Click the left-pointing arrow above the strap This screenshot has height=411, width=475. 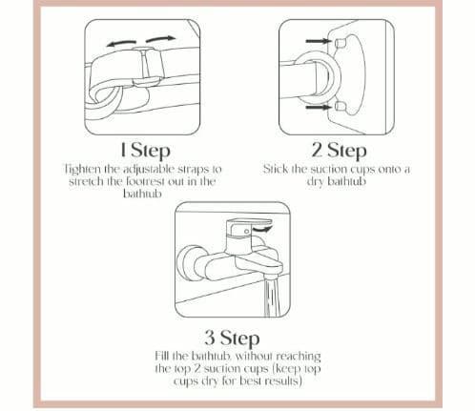121,43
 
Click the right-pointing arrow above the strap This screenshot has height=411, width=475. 160,39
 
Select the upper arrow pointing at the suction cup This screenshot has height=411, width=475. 318,41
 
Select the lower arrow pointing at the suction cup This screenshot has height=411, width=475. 318,107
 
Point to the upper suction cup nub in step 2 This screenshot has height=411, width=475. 340,42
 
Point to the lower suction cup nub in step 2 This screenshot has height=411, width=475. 340,107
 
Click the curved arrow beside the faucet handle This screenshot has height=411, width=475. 263,228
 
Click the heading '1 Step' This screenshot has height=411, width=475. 145,151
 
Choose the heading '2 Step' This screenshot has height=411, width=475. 339,151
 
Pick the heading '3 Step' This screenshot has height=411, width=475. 232,338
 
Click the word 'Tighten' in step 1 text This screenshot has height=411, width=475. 82,170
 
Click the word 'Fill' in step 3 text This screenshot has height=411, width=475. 162,356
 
